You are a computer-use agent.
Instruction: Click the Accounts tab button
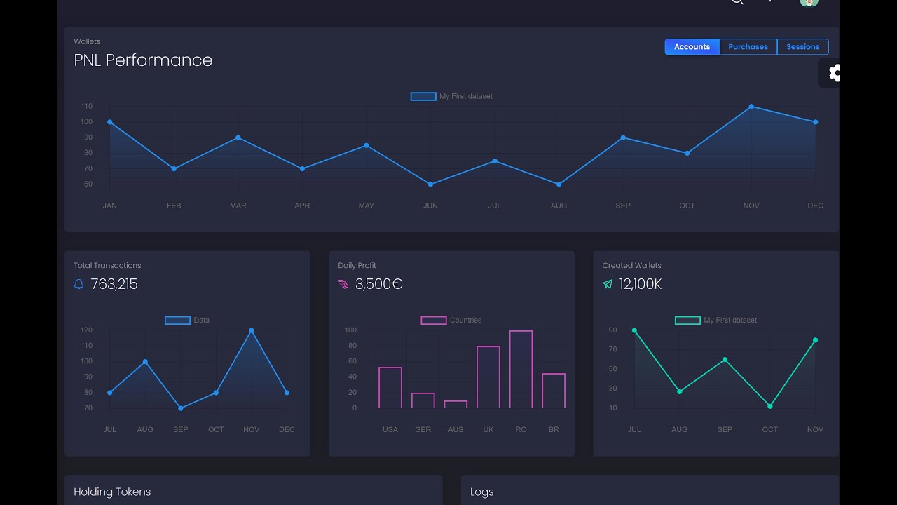(x=692, y=47)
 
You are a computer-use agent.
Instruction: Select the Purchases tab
(x=748, y=47)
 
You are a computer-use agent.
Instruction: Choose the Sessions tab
(x=802, y=47)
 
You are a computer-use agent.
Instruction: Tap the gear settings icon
(x=833, y=73)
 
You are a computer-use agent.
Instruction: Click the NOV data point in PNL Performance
(x=751, y=107)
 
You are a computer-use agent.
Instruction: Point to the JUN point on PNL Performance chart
(x=430, y=184)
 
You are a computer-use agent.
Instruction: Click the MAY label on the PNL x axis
(x=366, y=206)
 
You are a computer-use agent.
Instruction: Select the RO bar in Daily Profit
(x=521, y=369)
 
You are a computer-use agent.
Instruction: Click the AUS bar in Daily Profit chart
(x=456, y=404)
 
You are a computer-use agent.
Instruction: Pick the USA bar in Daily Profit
(x=390, y=387)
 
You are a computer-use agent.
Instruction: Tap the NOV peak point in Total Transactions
(x=252, y=330)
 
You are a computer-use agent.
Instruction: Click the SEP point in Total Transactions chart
(x=181, y=408)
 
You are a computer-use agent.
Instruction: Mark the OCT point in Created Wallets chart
(x=770, y=406)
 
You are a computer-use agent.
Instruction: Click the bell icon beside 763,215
(x=78, y=284)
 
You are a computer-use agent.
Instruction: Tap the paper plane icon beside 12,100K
(x=608, y=284)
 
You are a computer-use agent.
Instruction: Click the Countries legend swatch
(x=433, y=321)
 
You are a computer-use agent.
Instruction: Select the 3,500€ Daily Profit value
(x=378, y=284)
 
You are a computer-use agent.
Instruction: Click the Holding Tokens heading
(x=112, y=492)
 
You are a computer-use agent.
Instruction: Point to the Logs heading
(x=482, y=492)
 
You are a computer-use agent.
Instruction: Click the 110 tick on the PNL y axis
(x=86, y=107)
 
